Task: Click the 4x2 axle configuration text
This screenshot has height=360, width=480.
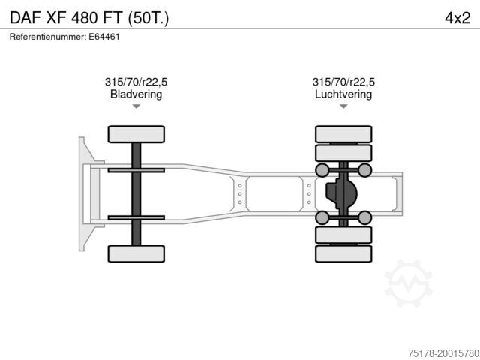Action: click(457, 18)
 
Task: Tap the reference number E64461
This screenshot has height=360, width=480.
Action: click(104, 37)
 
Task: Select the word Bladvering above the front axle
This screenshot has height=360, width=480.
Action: click(136, 94)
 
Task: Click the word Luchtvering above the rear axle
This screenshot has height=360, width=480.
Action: click(343, 94)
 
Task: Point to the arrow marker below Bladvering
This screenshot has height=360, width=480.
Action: click(136, 106)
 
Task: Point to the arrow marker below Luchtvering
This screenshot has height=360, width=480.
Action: click(343, 106)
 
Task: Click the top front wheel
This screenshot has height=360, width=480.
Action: click(136, 134)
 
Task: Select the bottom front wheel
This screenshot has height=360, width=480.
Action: click(136, 253)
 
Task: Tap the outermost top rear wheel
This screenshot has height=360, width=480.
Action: click(343, 134)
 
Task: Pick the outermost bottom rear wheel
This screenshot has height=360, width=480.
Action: click(343, 253)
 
